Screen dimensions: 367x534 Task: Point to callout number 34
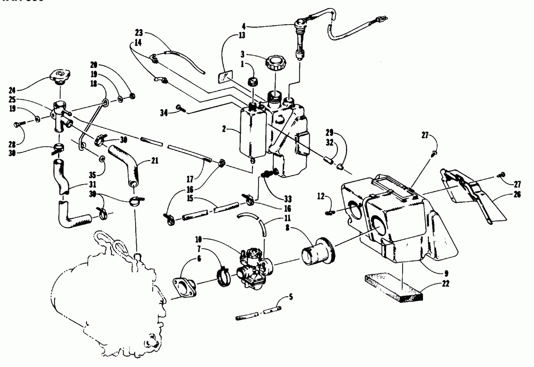click(x=164, y=112)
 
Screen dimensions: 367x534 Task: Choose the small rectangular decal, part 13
click(x=227, y=75)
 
